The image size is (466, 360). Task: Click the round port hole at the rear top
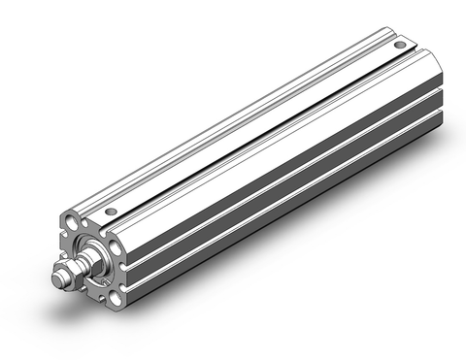tap(398, 46)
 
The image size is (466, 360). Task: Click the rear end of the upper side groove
tap(439, 93)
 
